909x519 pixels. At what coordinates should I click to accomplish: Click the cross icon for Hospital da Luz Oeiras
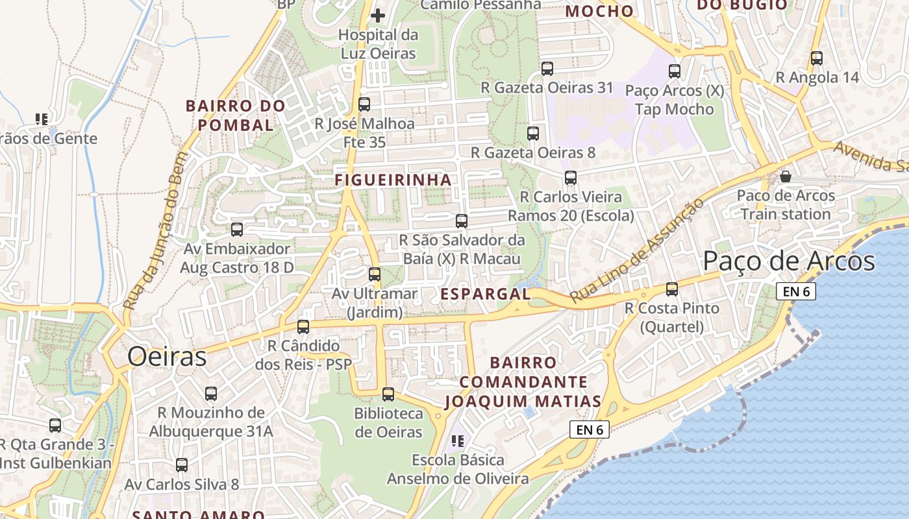coord(378,15)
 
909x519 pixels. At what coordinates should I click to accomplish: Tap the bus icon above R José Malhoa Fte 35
coord(364,104)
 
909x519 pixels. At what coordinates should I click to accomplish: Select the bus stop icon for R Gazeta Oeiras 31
coord(547,68)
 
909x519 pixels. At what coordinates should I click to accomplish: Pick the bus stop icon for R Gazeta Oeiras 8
coord(533,134)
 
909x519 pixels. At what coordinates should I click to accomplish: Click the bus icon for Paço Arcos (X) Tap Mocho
coord(675,71)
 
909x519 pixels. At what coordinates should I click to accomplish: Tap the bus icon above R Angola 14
coord(817,58)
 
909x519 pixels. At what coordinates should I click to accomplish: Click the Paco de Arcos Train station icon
coord(786,176)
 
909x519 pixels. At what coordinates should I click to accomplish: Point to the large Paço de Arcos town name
coord(789,261)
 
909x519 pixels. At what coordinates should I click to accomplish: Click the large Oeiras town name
coord(167,357)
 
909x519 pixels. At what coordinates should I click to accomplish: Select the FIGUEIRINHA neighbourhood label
coord(393,180)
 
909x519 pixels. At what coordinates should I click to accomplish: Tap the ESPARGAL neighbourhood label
coord(486,294)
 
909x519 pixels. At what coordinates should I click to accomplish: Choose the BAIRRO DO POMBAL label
coord(236,115)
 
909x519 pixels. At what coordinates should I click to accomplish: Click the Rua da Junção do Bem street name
coord(155,230)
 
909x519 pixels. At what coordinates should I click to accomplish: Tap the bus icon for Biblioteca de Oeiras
coord(388,394)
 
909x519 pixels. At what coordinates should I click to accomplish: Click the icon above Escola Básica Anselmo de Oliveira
coord(458,441)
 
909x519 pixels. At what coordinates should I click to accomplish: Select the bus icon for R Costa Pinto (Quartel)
coord(672,289)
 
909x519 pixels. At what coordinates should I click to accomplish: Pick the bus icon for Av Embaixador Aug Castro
coord(237,229)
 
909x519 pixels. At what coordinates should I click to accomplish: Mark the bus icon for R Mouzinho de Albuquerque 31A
coord(211,393)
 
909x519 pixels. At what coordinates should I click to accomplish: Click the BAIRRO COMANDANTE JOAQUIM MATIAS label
coord(523,382)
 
